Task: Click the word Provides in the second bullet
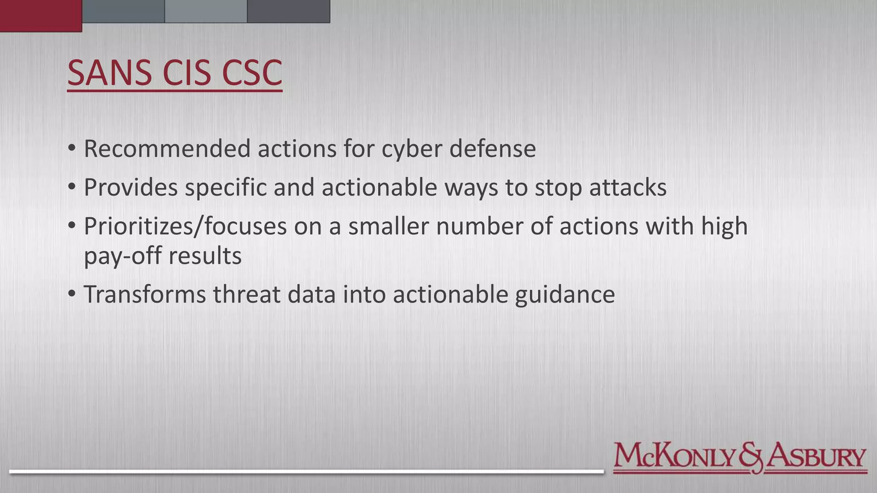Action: point(130,187)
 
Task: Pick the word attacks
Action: point(628,187)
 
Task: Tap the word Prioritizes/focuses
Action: point(185,226)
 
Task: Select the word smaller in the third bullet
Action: point(388,226)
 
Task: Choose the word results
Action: point(205,256)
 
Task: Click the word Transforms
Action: point(145,294)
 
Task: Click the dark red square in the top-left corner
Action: point(41,16)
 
